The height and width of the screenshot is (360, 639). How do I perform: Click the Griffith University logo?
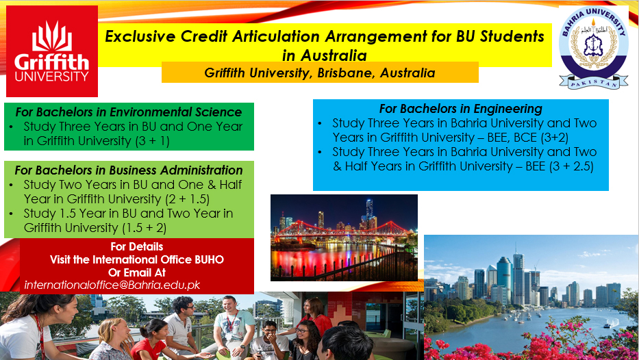pos(52,51)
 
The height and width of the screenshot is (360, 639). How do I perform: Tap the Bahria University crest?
pos(593,48)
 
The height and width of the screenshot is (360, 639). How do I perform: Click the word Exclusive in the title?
pos(140,37)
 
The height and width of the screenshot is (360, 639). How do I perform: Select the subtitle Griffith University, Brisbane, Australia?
pos(319,73)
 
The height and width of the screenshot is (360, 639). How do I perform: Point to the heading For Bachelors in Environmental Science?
pos(129,112)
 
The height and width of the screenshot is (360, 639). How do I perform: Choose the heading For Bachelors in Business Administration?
pos(129,170)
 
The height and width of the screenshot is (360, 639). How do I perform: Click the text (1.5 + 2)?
pos(145,228)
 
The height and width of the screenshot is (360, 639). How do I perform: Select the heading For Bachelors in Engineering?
pos(460,109)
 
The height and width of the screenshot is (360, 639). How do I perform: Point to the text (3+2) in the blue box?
pos(554,138)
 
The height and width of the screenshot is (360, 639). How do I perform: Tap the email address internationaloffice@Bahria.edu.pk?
pos(112,285)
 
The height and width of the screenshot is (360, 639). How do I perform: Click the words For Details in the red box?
pos(137,247)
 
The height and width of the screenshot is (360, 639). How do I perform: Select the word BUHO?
pos(209,260)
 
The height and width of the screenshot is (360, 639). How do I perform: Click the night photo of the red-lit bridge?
pos(344,237)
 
